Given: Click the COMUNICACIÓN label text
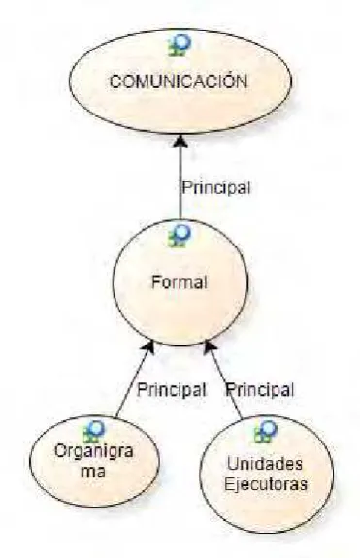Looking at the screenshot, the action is (179, 81).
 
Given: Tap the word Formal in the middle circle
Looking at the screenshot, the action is (180, 282).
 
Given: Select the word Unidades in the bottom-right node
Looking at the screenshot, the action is (265, 464).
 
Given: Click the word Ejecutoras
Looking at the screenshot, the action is (266, 484).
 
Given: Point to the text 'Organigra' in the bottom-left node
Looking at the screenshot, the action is (94, 452).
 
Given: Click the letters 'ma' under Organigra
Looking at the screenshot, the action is (93, 472).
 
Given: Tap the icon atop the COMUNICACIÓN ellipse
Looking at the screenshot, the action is (180, 46).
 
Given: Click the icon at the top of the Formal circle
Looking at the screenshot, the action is (180, 235).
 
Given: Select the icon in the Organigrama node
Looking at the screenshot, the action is (94, 432).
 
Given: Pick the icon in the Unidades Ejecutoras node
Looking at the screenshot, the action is (266, 432).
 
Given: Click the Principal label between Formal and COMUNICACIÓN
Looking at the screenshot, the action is (216, 187).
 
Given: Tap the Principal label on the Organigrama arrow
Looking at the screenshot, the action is (172, 390).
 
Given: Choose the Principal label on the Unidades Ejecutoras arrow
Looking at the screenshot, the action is (260, 390).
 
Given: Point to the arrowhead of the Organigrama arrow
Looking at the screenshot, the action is (149, 346).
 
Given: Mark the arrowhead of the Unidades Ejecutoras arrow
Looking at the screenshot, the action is (210, 347).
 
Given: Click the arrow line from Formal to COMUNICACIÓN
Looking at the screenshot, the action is (180, 177).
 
